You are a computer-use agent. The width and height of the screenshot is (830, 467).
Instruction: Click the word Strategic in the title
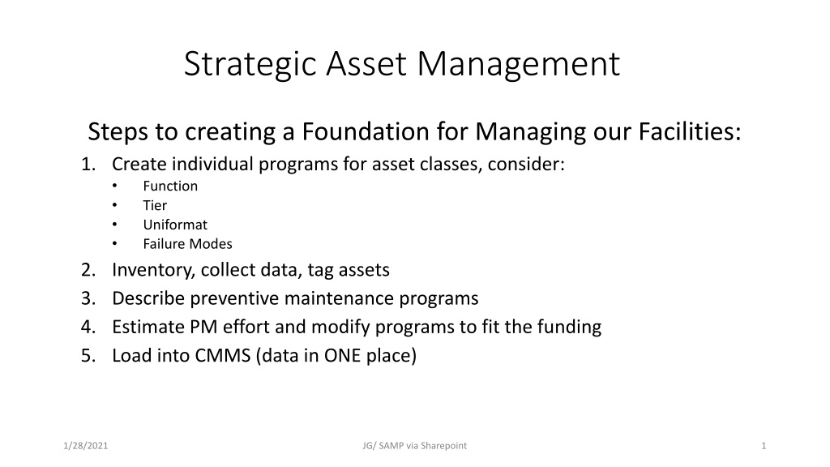click(250, 65)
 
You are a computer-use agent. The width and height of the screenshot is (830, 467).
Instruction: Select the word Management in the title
click(519, 65)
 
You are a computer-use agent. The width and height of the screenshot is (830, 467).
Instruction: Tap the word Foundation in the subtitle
click(366, 131)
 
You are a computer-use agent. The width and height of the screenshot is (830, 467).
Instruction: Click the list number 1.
click(88, 164)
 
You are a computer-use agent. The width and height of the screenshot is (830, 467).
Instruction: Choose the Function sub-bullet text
click(170, 186)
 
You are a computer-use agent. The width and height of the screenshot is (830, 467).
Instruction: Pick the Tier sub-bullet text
click(155, 205)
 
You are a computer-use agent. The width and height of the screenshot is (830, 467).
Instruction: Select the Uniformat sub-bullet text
click(175, 225)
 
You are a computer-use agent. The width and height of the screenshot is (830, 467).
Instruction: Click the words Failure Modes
click(187, 243)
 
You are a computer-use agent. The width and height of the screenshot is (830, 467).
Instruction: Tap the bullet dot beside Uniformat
click(114, 225)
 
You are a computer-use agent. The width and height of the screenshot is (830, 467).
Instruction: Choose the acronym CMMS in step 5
click(223, 355)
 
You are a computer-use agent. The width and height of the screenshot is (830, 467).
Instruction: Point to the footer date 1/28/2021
click(85, 446)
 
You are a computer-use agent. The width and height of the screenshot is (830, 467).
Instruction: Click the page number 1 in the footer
click(764, 446)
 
